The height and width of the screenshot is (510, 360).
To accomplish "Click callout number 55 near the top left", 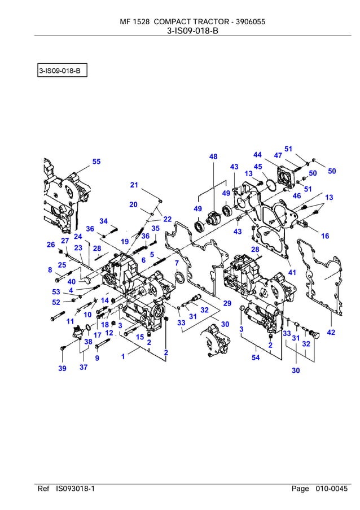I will [x=96, y=162].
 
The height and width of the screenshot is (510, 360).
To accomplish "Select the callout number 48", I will [x=213, y=157].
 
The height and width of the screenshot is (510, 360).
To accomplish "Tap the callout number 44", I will [x=257, y=155].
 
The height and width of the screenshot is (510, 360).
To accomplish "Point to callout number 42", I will [x=331, y=332].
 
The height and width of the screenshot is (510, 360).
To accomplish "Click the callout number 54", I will [x=256, y=358].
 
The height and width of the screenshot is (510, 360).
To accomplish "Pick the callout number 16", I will [x=325, y=236].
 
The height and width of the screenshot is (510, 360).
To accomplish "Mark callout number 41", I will [x=292, y=272].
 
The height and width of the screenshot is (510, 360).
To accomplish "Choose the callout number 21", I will [x=134, y=185].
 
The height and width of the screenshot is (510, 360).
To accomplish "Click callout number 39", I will [x=62, y=368].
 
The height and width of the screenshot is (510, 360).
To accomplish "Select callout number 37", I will [x=84, y=368].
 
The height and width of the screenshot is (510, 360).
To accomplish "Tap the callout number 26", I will [x=51, y=245].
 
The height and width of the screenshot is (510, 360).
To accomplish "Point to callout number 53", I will [x=56, y=292].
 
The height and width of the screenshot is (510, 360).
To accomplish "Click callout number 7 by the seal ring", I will [x=177, y=263].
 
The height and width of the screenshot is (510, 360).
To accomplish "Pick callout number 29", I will [x=227, y=303].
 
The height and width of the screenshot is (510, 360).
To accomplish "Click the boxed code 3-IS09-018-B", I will [x=62, y=72].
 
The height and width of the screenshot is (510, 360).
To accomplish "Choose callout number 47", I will [x=278, y=155].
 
